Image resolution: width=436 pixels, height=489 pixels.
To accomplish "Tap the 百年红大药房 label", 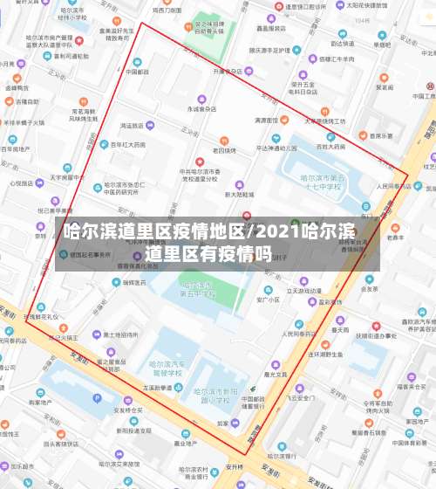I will tap(127, 144).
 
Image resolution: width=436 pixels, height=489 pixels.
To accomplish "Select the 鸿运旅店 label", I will tap(131, 126).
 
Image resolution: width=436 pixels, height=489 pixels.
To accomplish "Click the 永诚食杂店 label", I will tap(201, 109).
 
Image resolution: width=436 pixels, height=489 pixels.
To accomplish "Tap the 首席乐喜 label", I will tap(381, 135).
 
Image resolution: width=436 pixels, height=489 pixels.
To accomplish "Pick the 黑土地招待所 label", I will tap(120, 334).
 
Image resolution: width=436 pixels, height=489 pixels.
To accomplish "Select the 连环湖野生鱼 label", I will tap(327, 354).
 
